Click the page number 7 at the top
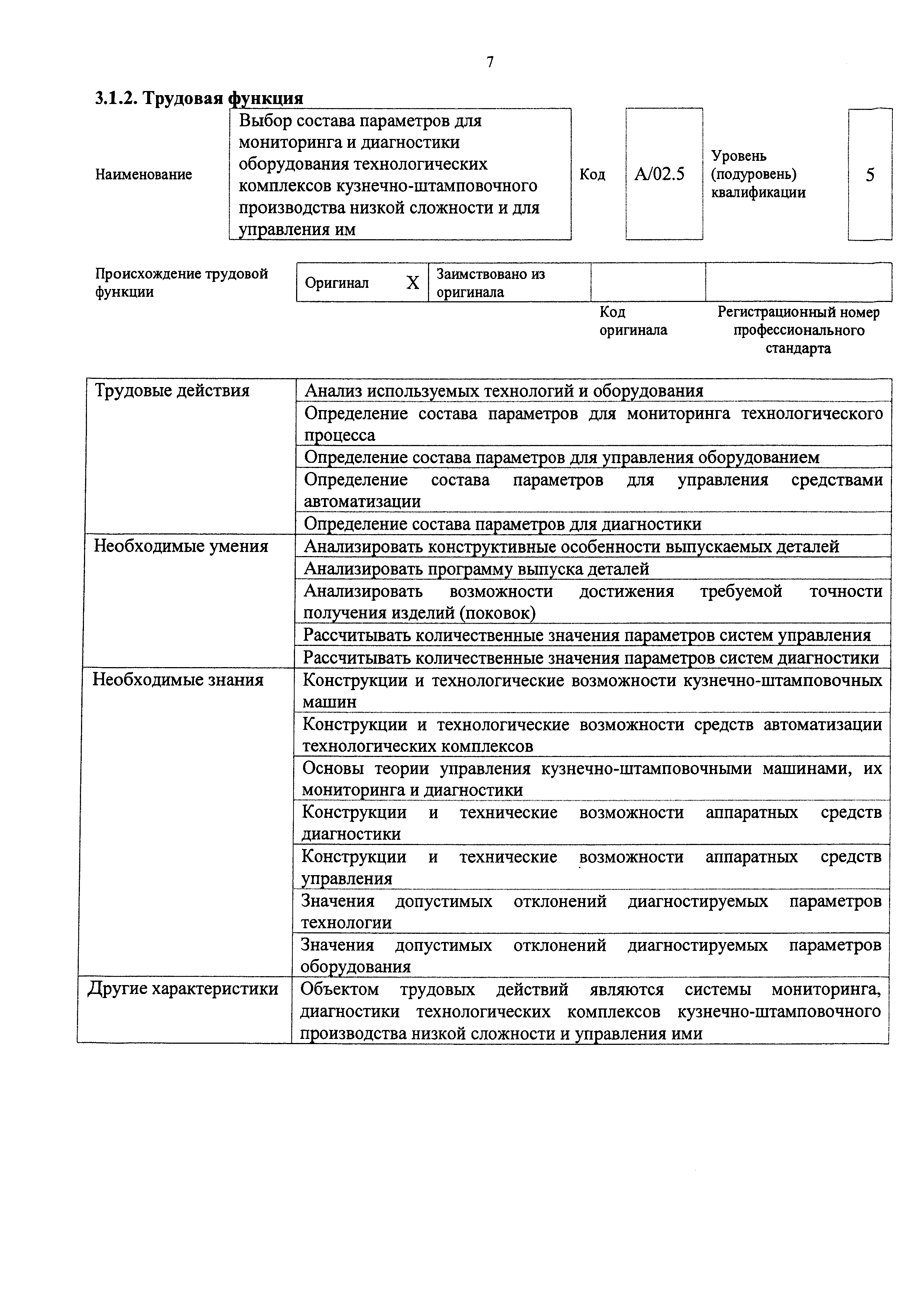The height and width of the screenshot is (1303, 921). point(490,61)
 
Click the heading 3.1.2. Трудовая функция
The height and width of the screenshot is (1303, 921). point(199,98)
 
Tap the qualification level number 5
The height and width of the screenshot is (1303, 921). point(870,175)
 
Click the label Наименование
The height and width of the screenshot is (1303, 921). point(143,174)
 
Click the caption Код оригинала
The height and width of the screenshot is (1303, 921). point(633,321)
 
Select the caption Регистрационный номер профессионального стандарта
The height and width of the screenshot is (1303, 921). point(798,330)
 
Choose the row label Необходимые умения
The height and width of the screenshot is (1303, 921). point(181,546)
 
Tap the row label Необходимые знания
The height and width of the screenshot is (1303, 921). point(178,680)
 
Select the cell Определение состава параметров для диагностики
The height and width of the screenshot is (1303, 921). point(503,524)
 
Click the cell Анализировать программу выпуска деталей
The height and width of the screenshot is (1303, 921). point(477,569)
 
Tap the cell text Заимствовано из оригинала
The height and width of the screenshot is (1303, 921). point(490,283)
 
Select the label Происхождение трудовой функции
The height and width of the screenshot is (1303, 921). point(181,283)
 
